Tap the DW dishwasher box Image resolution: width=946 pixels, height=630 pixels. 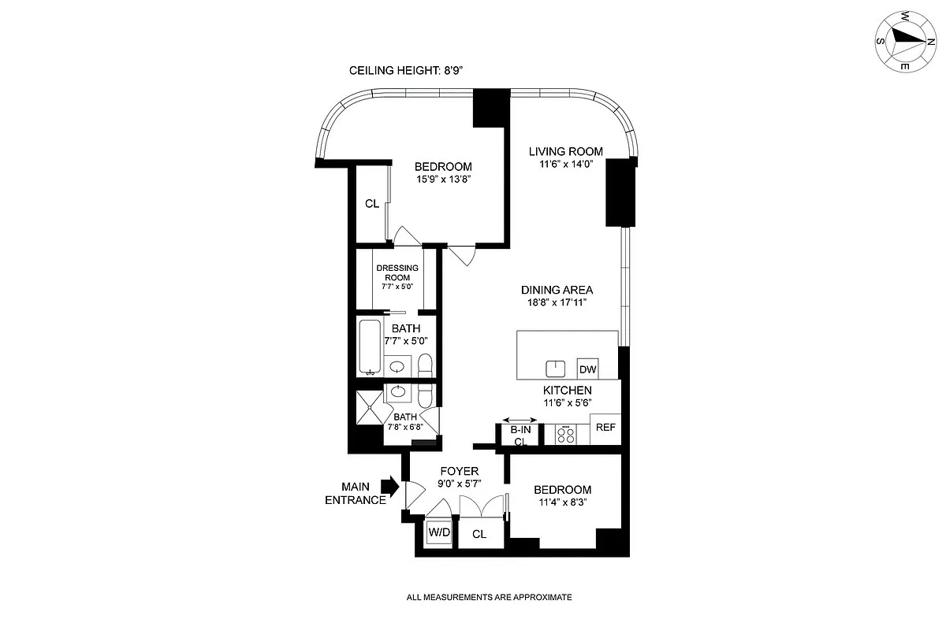587,369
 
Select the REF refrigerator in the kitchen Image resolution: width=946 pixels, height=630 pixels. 605,428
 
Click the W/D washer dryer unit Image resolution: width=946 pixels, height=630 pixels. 439,533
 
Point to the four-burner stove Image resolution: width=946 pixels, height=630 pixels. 565,434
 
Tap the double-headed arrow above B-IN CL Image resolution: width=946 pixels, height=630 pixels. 520,420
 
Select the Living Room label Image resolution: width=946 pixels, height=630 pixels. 565,151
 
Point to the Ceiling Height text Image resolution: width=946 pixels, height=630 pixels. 405,71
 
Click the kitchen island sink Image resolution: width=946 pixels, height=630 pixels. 556,368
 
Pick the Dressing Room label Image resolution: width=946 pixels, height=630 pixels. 397,272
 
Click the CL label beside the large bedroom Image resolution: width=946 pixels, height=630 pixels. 372,203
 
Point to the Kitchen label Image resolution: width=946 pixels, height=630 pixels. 567,390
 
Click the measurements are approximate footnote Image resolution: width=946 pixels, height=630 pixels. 489,598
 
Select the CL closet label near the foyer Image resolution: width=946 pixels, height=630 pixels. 479,534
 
